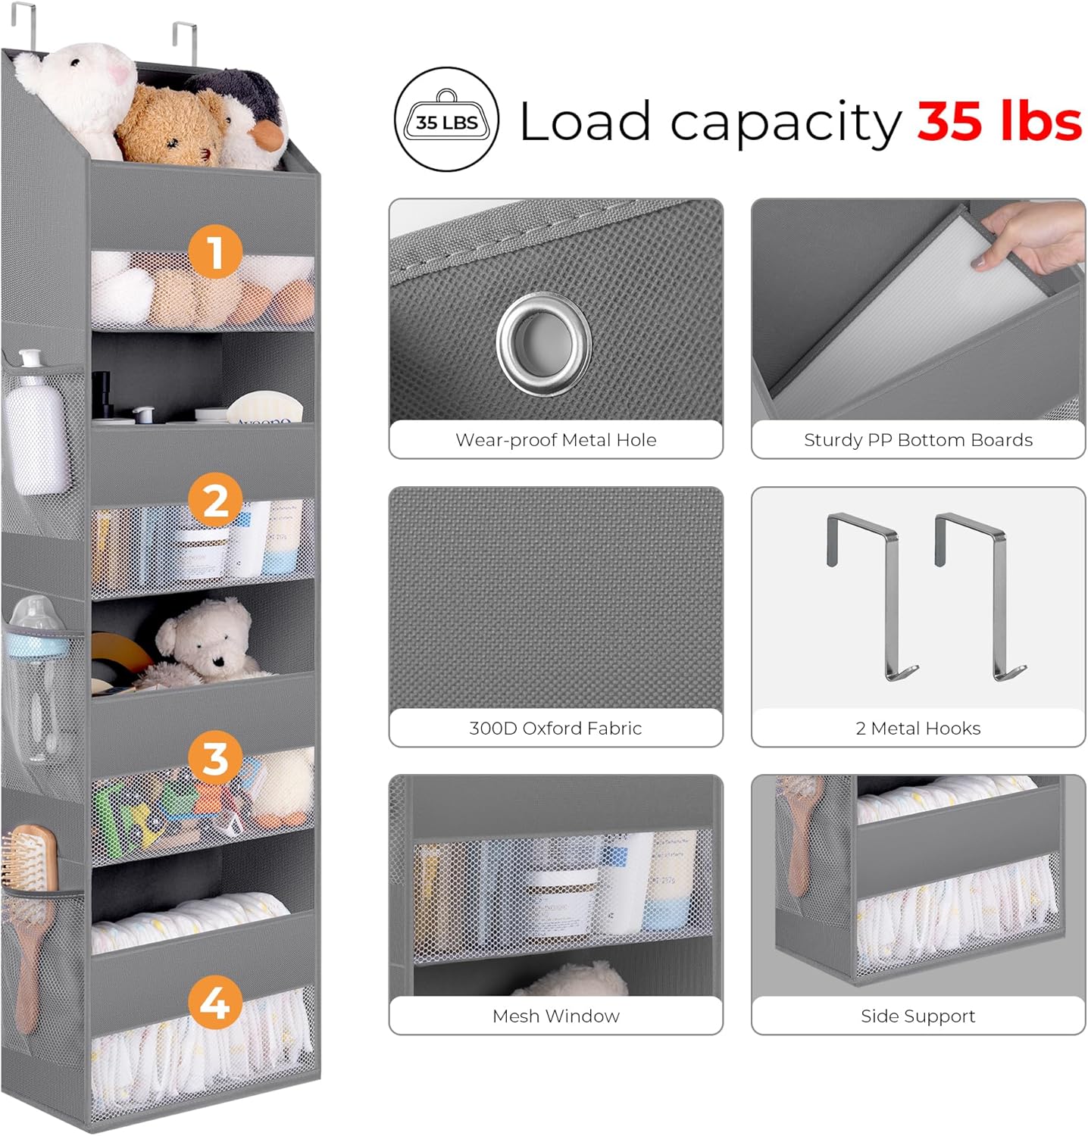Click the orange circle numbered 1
tap(215, 251)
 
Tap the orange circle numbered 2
tap(216, 501)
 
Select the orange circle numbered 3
tap(215, 758)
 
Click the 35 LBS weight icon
tap(446, 120)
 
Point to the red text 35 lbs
tap(999, 121)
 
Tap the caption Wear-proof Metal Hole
tap(555, 440)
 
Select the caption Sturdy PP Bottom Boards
tap(918, 440)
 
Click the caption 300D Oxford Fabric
tap(555, 728)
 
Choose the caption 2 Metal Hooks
tap(918, 728)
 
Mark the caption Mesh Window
tap(555, 1016)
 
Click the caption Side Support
tap(918, 1016)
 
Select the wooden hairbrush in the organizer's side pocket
tap(30, 909)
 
